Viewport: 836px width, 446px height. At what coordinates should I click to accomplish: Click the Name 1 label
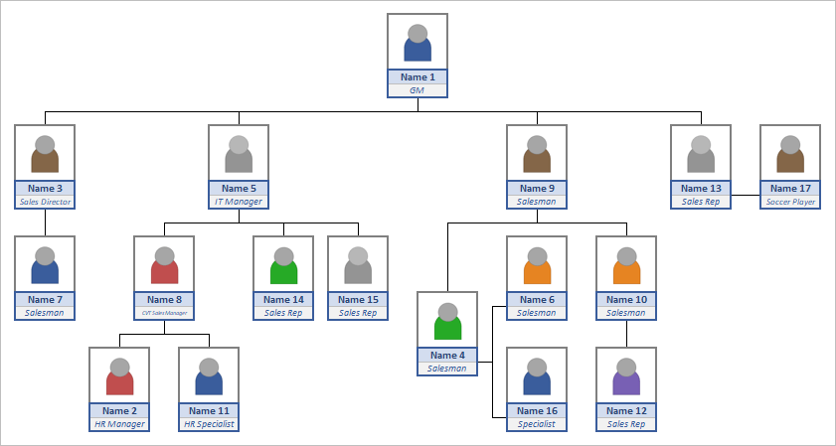pyautogui.click(x=418, y=77)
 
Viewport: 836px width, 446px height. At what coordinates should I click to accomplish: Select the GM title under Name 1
pyautogui.click(x=418, y=90)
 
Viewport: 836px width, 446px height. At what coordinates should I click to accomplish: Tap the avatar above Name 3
pyautogui.click(x=45, y=153)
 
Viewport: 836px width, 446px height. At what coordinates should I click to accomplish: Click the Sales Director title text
pyautogui.click(x=45, y=202)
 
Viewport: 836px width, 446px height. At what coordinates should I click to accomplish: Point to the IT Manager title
pyautogui.click(x=239, y=202)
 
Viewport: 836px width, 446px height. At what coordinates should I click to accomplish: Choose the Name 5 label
pyautogui.click(x=239, y=189)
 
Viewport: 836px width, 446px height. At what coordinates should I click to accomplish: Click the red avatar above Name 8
pyautogui.click(x=164, y=264)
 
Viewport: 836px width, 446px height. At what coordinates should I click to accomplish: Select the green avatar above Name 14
pyautogui.click(x=283, y=264)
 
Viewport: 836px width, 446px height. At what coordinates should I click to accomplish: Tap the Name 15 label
pyautogui.click(x=358, y=300)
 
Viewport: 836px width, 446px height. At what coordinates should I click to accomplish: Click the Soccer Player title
pyautogui.click(x=790, y=202)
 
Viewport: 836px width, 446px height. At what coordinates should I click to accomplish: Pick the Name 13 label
pyautogui.click(x=701, y=189)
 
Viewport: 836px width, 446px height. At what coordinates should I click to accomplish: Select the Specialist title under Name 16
pyautogui.click(x=537, y=424)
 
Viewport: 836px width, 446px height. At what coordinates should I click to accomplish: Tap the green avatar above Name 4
pyautogui.click(x=447, y=320)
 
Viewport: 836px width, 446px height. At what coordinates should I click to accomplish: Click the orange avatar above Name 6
pyautogui.click(x=537, y=264)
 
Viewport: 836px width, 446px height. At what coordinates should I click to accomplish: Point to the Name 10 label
pyautogui.click(x=626, y=300)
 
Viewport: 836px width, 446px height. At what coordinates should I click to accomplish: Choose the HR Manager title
pyautogui.click(x=119, y=424)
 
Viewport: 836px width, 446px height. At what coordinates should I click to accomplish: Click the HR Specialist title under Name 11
pyautogui.click(x=209, y=424)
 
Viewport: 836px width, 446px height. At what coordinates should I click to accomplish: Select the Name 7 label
pyautogui.click(x=45, y=300)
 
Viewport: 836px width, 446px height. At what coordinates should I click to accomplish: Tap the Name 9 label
pyautogui.click(x=537, y=189)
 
